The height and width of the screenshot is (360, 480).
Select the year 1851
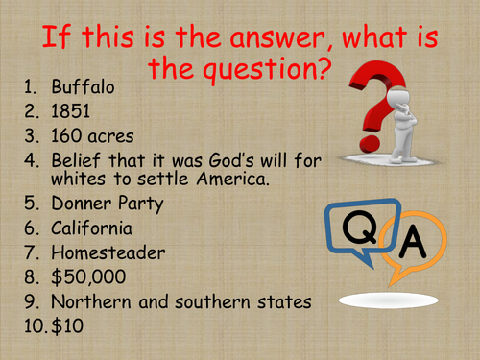pos(69,111)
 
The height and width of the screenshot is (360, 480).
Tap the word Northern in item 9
pos(91,302)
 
